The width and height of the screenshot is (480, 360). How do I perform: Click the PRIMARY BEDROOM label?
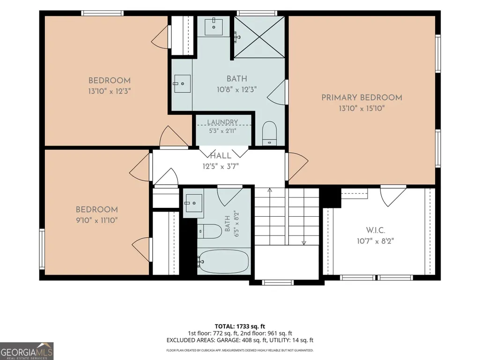(362, 98)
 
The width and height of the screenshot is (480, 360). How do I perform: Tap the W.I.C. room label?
(375, 230)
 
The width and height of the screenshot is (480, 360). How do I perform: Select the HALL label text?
(221, 155)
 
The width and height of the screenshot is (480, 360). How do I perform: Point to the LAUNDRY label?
(222, 122)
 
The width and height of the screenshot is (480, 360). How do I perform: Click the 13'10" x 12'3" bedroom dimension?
(110, 91)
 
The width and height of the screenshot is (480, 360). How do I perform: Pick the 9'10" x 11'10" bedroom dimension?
(97, 220)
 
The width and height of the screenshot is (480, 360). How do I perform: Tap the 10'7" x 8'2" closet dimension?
(375, 241)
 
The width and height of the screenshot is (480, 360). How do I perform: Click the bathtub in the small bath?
(223, 261)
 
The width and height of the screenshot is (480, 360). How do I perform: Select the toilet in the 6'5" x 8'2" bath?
(209, 231)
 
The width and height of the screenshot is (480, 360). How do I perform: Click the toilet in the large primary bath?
(269, 133)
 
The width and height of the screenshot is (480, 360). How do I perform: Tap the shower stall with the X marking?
(259, 37)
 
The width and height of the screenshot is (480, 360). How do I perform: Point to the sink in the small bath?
(193, 203)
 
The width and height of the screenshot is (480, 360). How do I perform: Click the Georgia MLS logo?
(27, 351)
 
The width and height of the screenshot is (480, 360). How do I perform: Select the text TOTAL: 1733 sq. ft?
(240, 326)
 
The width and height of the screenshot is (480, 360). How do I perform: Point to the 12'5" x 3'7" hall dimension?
(221, 166)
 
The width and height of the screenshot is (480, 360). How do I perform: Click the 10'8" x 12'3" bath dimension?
(236, 89)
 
